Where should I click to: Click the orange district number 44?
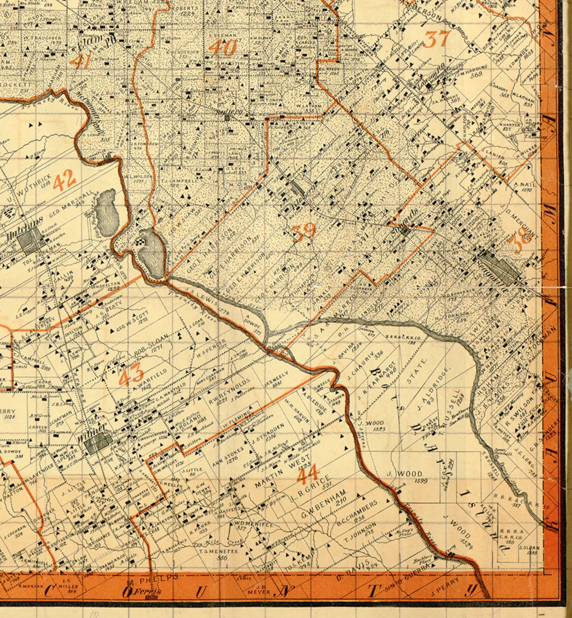tap(307, 475)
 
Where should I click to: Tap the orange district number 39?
tap(304, 232)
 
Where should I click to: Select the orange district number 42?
tap(64, 179)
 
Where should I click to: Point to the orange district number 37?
tap(437, 39)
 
